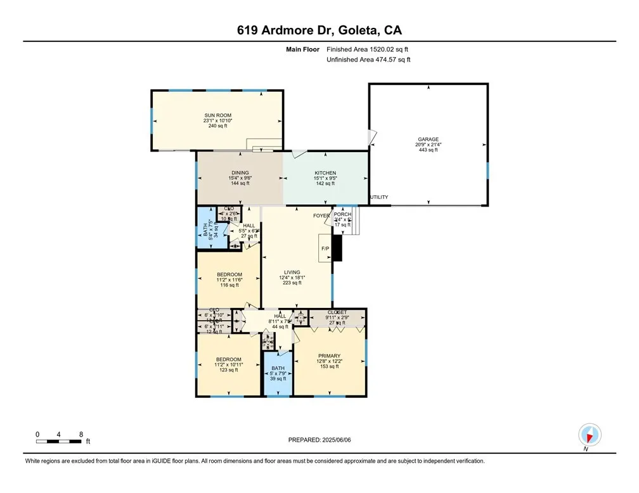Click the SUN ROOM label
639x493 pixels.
[x=217, y=115]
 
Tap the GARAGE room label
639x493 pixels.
[x=428, y=139]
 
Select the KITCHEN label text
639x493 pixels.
[x=325, y=173]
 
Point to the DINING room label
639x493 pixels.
[x=240, y=173]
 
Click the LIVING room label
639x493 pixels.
[x=292, y=272]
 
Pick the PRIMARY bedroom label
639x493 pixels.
[x=330, y=356]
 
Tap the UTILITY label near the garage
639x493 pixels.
[x=379, y=198]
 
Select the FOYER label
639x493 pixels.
[x=321, y=216]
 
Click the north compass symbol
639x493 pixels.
[x=589, y=436]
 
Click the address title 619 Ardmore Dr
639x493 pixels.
[x=319, y=30]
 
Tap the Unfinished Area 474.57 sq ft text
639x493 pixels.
[x=368, y=60]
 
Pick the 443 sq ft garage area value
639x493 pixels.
[x=428, y=150]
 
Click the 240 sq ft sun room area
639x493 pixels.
[x=217, y=126]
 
